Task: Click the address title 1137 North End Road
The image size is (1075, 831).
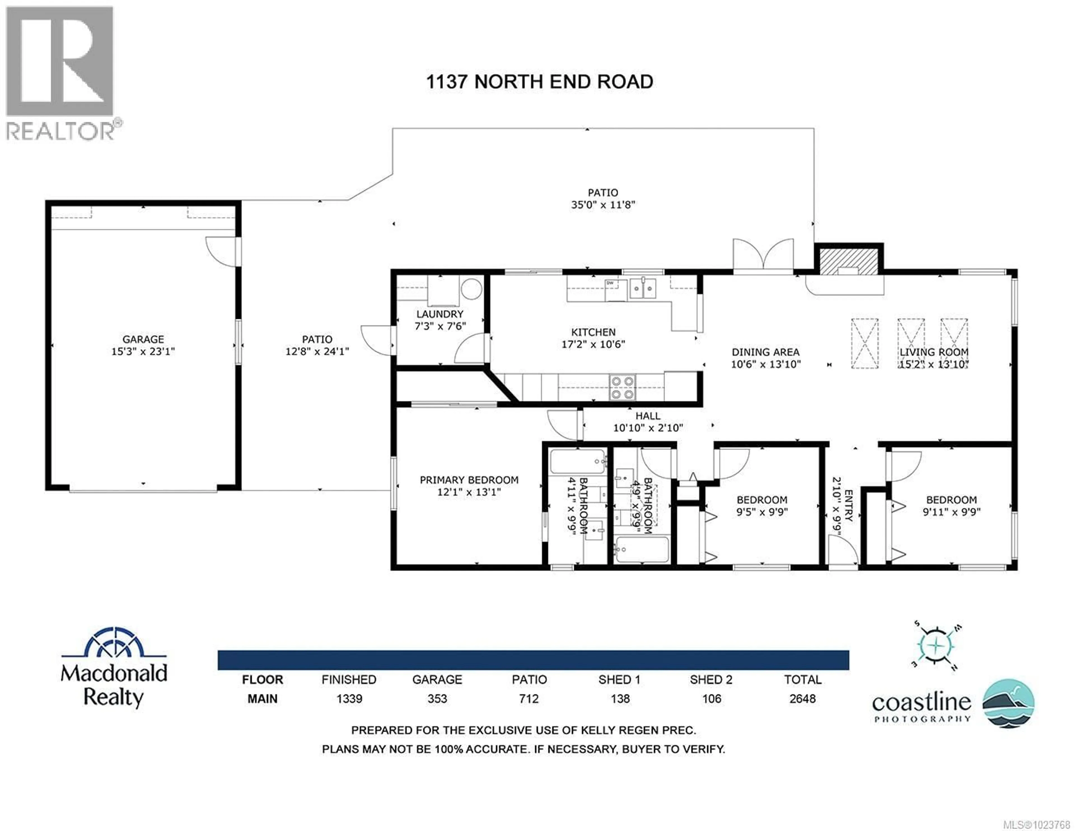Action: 539,82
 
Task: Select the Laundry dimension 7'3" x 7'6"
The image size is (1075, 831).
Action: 440,326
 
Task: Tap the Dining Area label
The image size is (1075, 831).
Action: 765,352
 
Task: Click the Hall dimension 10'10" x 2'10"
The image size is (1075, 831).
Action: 648,428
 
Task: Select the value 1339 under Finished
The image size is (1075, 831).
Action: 349,699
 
